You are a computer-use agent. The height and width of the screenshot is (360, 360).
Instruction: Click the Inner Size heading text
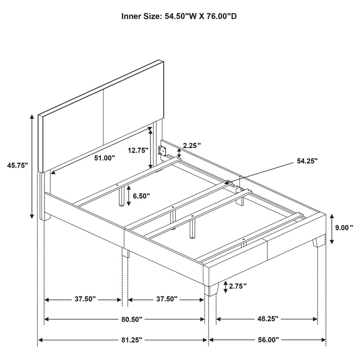coord(180,17)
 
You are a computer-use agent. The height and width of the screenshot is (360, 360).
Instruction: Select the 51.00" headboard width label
coord(104,158)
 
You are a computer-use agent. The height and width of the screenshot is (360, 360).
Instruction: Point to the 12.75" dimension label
coord(137,151)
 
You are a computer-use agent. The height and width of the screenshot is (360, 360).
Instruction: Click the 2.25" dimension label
coord(192,145)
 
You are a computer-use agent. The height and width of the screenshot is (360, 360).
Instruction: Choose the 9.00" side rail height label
coord(346,228)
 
